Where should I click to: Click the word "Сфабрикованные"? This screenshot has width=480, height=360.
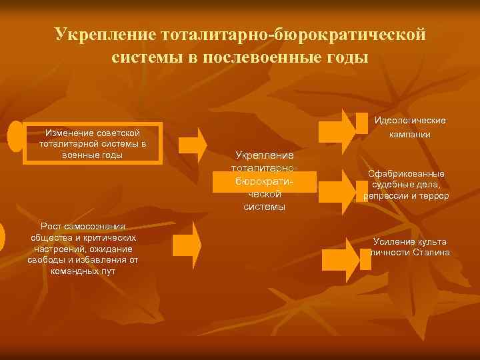pos(407,174)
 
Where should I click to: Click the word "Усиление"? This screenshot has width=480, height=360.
pos(392,241)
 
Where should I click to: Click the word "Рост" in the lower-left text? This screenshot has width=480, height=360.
pos(52,226)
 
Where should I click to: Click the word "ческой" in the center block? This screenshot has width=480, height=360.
pos(265,194)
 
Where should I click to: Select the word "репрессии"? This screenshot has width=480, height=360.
pos(385,196)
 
